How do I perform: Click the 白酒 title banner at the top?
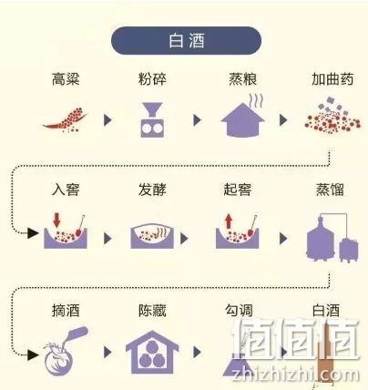(x=186, y=40)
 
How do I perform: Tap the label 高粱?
(x=66, y=79)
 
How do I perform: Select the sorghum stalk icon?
(x=66, y=119)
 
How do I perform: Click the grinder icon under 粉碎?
(x=152, y=119)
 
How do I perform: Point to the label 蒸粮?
(x=242, y=79)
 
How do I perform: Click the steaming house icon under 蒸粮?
(x=242, y=117)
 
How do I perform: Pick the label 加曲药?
(x=332, y=79)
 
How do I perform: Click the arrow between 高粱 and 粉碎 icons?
(x=107, y=120)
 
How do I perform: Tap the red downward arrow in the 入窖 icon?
(x=56, y=221)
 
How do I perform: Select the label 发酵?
(x=152, y=190)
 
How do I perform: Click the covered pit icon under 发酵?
(x=152, y=236)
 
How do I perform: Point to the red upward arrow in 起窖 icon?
(x=229, y=221)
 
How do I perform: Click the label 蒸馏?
(x=330, y=190)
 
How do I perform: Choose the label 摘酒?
(x=66, y=311)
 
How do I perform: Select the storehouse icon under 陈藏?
(x=152, y=353)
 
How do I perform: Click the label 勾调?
(x=239, y=311)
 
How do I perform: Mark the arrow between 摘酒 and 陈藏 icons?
(x=107, y=353)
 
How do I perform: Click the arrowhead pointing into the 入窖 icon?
(x=33, y=233)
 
